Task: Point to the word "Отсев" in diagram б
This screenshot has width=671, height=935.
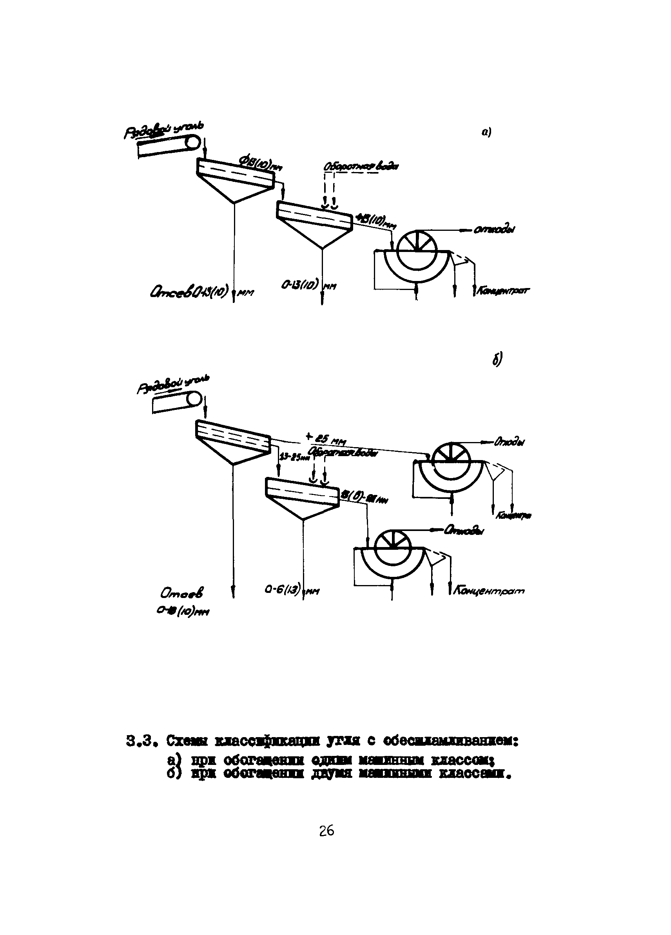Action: click(182, 593)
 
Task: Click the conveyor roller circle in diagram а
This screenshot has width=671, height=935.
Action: click(192, 143)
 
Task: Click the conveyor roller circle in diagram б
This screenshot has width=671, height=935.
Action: click(194, 399)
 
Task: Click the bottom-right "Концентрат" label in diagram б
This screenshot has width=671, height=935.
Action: click(489, 591)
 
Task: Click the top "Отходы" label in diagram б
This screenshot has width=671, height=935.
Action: click(510, 443)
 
